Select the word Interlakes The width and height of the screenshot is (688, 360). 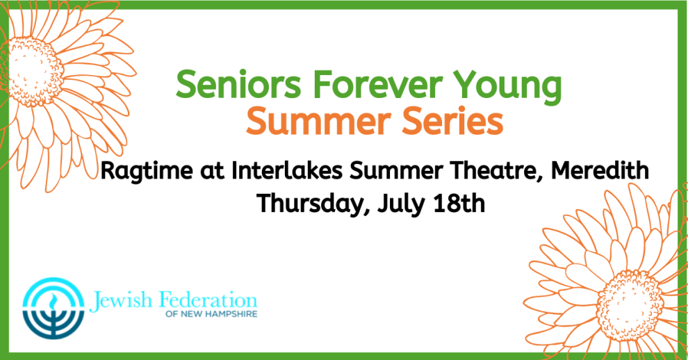click(x=287, y=170)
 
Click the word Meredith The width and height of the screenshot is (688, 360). click(x=600, y=170)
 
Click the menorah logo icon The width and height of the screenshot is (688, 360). click(x=53, y=308)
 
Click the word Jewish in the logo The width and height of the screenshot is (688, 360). click(x=121, y=301)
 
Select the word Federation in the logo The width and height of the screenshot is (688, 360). click(x=208, y=300)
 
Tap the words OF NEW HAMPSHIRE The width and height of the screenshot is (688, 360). click(x=211, y=314)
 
